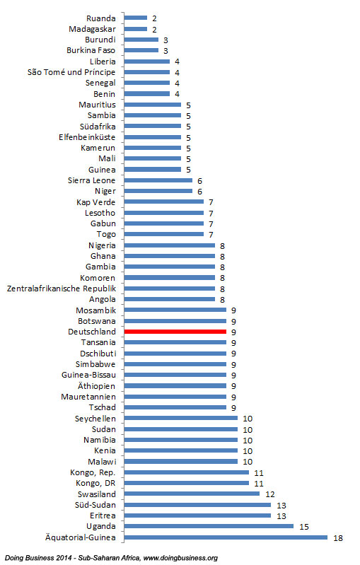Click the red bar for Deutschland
pos(175,331)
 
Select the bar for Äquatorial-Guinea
pos(225,537)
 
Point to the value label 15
pos(303,526)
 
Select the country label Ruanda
pos(101,18)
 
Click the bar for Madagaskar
pos(135,29)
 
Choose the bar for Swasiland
pos(191,494)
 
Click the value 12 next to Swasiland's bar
pos(269,494)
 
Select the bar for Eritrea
pos(197,516)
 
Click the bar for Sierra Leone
pos(158,180)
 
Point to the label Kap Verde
pos(96,202)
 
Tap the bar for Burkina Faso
pos(141,50)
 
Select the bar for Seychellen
pos(180,418)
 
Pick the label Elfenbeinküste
pos(87,136)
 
